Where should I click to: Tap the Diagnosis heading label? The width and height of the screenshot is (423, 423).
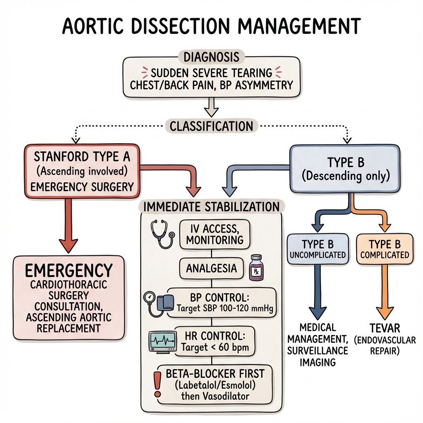[x=211, y=57]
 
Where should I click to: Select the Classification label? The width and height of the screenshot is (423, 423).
[x=211, y=126]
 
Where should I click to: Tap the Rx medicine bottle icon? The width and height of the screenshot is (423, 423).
[x=257, y=269]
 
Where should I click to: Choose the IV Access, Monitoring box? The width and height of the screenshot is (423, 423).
[x=211, y=233]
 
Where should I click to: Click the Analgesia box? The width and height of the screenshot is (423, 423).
[x=211, y=269]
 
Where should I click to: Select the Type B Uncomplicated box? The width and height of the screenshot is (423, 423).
[x=317, y=249]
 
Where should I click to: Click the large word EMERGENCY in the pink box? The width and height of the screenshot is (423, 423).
[x=69, y=271]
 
